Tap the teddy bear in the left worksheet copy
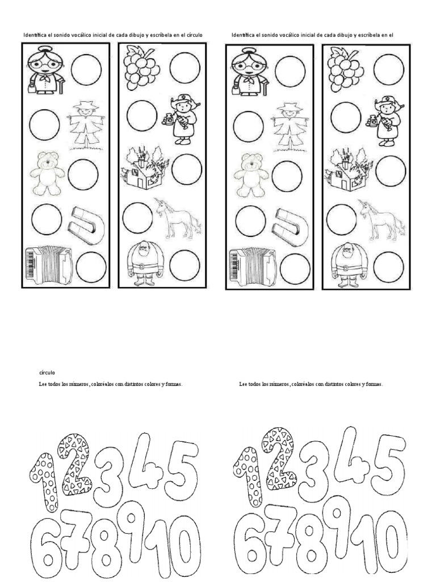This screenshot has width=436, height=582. [x=47, y=173]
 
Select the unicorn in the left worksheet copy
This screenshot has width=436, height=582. [x=178, y=218]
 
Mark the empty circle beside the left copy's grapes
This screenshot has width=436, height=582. [x=185, y=68]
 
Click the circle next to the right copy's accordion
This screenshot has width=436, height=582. [x=295, y=269]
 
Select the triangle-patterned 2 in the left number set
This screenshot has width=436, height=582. [x=76, y=465]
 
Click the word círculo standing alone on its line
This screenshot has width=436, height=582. [x=47, y=373]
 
